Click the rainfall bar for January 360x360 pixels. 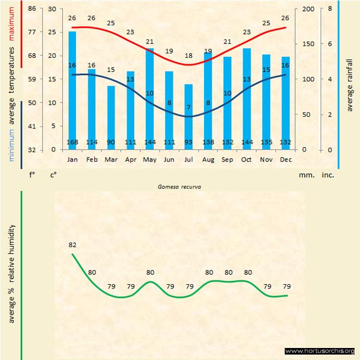pyautogui.click(x=72, y=90)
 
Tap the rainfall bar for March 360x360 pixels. pyautogui.click(x=111, y=117)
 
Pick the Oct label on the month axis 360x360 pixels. pyautogui.click(x=247, y=159)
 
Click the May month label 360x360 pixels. pyautogui.click(x=149, y=159)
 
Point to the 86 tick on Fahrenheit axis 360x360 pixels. pyautogui.click(x=32, y=9)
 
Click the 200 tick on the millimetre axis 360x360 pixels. pyautogui.click(x=308, y=9)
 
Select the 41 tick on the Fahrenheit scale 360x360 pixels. pyautogui.click(x=32, y=126)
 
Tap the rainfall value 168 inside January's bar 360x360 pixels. pyautogui.click(x=72, y=143)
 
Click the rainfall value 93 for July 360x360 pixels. pyautogui.click(x=189, y=143)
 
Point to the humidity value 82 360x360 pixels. pyautogui.click(x=72, y=245)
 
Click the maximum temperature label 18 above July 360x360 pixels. pyautogui.click(x=189, y=56)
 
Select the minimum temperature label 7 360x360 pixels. pyautogui.click(x=189, y=107)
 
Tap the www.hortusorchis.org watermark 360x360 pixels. pyautogui.click(x=320, y=351)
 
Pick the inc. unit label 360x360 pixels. pyautogui.click(x=327, y=175)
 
